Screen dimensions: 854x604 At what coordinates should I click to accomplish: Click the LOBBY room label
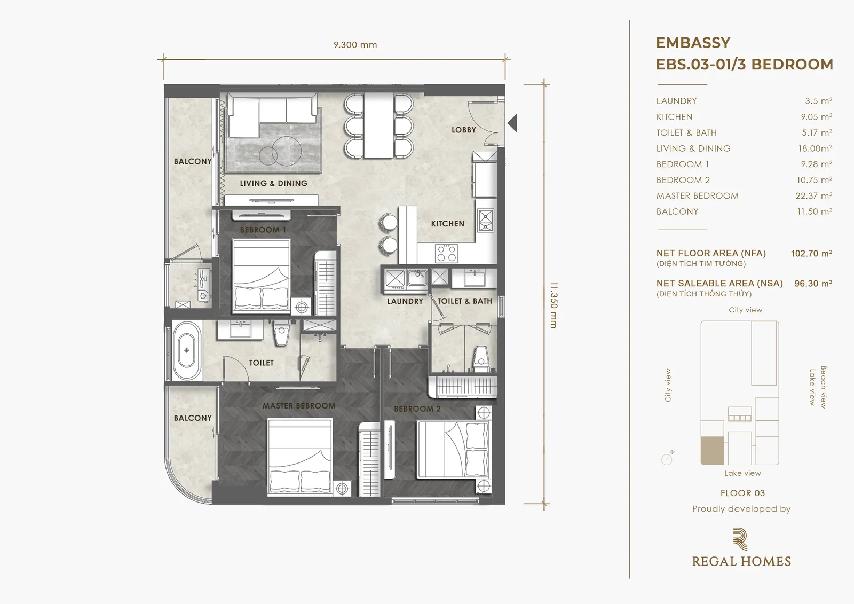pyautogui.click(x=464, y=130)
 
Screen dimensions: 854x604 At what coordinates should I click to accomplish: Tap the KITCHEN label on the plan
pyautogui.click(x=448, y=224)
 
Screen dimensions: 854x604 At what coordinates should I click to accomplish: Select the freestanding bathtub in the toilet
pyautogui.click(x=187, y=351)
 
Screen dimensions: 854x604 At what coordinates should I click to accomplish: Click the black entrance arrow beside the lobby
pyautogui.click(x=513, y=123)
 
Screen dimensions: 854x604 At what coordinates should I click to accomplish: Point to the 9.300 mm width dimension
pyautogui.click(x=355, y=45)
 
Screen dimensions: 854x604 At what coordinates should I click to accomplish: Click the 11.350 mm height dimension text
pyautogui.click(x=554, y=305)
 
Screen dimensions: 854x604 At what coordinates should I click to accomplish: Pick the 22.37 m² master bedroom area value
pyautogui.click(x=813, y=196)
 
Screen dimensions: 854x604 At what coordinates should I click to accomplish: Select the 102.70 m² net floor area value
pyautogui.click(x=811, y=253)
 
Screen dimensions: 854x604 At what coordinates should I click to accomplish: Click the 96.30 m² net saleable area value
pyautogui.click(x=813, y=284)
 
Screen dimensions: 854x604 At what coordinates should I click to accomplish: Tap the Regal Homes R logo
pyautogui.click(x=740, y=539)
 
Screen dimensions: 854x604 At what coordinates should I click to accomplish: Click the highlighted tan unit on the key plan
pyautogui.click(x=712, y=451)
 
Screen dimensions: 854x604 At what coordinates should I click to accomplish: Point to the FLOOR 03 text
pyautogui.click(x=742, y=493)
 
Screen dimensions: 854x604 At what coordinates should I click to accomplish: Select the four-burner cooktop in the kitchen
pyautogui.click(x=446, y=253)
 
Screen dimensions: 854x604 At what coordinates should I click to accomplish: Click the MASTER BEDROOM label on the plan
pyautogui.click(x=299, y=406)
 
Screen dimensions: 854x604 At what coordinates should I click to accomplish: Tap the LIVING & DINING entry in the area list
pyautogui.click(x=693, y=148)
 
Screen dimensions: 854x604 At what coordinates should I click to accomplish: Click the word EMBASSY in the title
pyautogui.click(x=693, y=43)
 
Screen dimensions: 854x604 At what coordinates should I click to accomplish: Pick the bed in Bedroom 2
pyautogui.click(x=453, y=450)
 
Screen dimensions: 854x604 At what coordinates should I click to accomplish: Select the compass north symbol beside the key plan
pyautogui.click(x=668, y=458)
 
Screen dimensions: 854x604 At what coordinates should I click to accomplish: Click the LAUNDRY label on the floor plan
pyautogui.click(x=405, y=301)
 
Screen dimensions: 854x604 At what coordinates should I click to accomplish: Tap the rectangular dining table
pyautogui.click(x=378, y=125)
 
